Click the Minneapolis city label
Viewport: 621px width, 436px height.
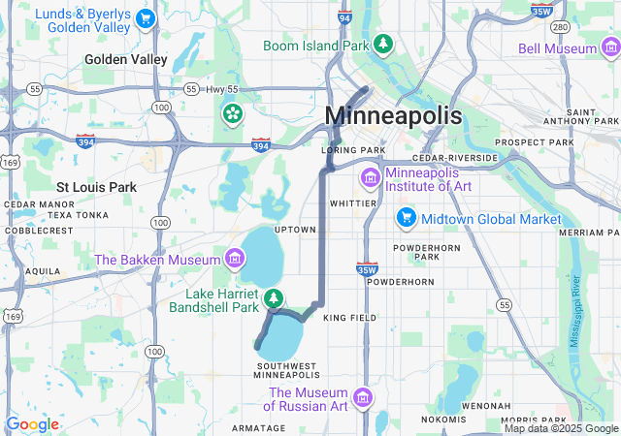click(393, 115)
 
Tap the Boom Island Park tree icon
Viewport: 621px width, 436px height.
click(384, 45)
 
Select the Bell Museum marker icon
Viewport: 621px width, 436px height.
click(608, 47)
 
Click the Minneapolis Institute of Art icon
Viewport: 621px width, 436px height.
click(370, 177)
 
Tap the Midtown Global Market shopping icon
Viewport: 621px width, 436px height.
click(406, 219)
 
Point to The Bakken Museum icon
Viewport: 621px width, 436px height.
click(233, 259)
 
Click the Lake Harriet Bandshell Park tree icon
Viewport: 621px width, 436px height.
click(276, 297)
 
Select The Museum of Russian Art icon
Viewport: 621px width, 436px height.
click(362, 399)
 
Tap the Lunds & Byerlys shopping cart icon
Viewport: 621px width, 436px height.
click(146, 18)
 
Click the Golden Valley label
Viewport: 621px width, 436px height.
click(125, 59)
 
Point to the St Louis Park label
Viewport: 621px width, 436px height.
click(96, 186)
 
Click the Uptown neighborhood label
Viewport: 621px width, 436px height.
click(295, 230)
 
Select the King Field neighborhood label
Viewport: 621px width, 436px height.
click(349, 318)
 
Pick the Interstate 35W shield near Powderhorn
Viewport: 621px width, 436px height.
click(366, 269)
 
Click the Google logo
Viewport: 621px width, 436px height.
click(32, 424)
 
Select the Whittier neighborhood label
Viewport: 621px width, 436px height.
click(352, 204)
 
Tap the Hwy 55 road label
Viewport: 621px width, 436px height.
click(217, 89)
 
